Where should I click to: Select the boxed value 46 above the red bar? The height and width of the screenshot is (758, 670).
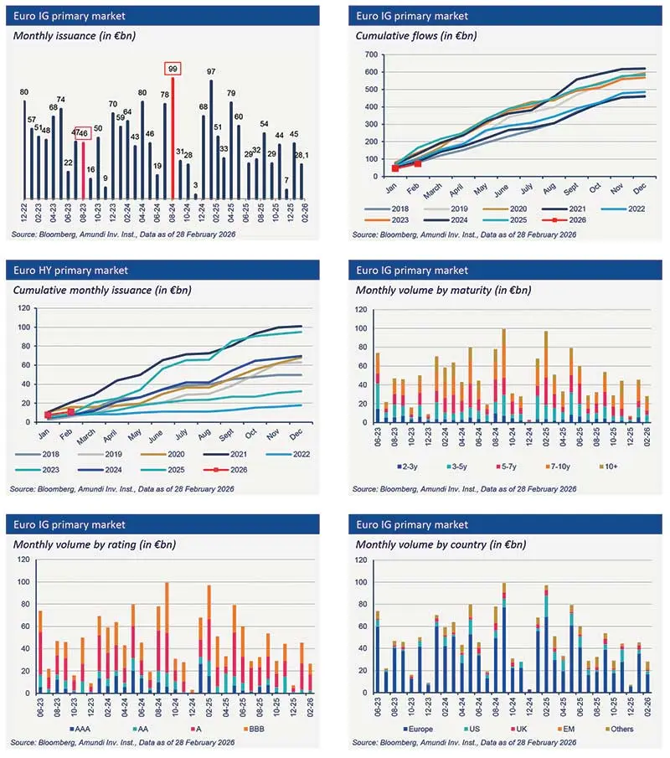coord(83,132)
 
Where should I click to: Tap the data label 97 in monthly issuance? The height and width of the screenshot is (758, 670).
coord(211,72)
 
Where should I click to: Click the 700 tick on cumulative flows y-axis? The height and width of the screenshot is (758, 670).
coord(366,54)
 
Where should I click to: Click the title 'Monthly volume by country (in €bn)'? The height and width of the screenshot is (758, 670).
coord(441,544)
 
